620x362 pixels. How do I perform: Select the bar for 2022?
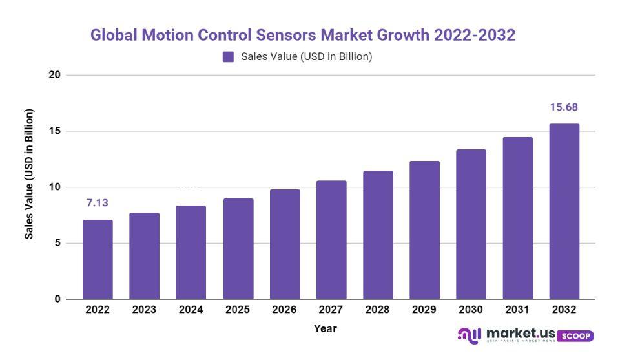click(98, 260)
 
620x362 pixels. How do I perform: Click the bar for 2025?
click(238, 249)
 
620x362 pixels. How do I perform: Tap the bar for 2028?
click(378, 235)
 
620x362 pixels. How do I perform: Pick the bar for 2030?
click(471, 224)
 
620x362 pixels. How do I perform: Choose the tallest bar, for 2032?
click(564, 211)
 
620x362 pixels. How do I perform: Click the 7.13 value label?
click(97, 203)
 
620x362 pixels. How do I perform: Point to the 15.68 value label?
click(564, 107)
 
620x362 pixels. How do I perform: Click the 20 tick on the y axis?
click(54, 75)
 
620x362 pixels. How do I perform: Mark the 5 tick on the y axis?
click(57, 243)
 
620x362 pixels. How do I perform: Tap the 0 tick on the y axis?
click(57, 299)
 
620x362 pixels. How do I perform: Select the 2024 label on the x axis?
click(191, 310)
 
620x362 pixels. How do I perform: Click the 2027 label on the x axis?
click(331, 310)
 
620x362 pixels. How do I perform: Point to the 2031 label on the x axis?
click(517, 310)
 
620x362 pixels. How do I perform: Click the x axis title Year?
click(325, 328)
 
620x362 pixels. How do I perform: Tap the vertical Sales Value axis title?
click(29, 174)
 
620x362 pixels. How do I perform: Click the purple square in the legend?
click(228, 57)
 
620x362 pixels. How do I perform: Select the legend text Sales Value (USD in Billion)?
click(306, 57)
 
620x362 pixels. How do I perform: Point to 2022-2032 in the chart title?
click(475, 35)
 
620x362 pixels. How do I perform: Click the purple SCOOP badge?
click(575, 336)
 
